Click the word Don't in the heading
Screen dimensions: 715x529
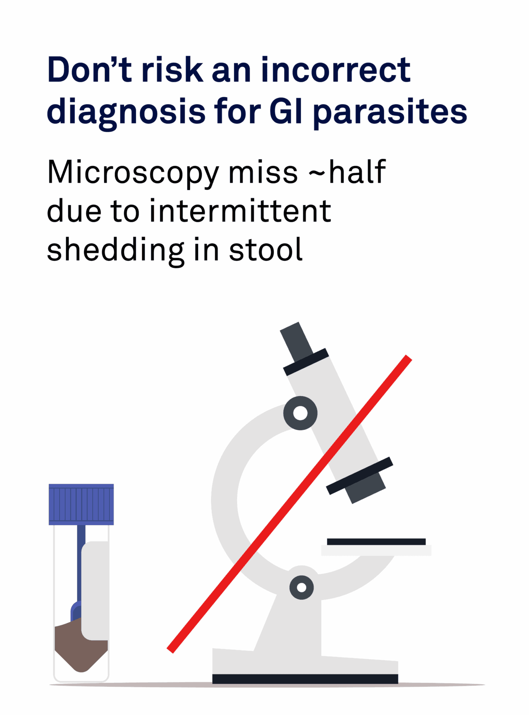89,70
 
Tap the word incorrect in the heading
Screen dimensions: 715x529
336,70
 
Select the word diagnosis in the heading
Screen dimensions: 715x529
126,111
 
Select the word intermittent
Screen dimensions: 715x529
240,211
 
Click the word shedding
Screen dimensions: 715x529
115,250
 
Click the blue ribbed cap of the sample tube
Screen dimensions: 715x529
81,504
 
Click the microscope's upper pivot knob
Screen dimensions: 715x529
300,413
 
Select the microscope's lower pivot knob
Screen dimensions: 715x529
302,588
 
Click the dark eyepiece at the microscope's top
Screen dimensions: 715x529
296,342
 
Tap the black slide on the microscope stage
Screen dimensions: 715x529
376,541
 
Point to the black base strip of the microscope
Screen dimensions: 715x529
305,679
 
